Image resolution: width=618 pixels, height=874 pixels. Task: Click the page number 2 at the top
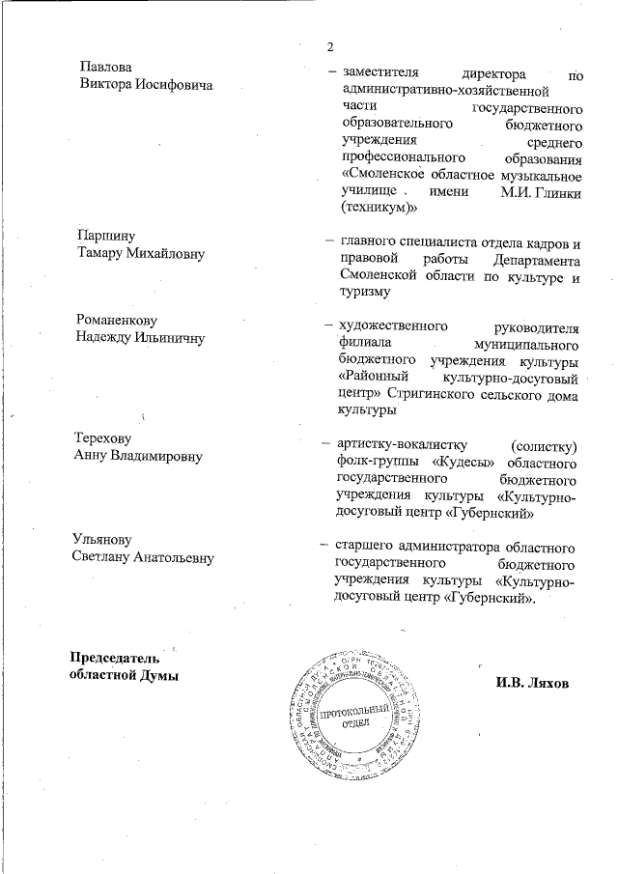pos(330,48)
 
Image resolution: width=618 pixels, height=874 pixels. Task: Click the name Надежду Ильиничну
pos(140,337)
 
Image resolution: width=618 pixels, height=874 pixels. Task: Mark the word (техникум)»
pos(378,207)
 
